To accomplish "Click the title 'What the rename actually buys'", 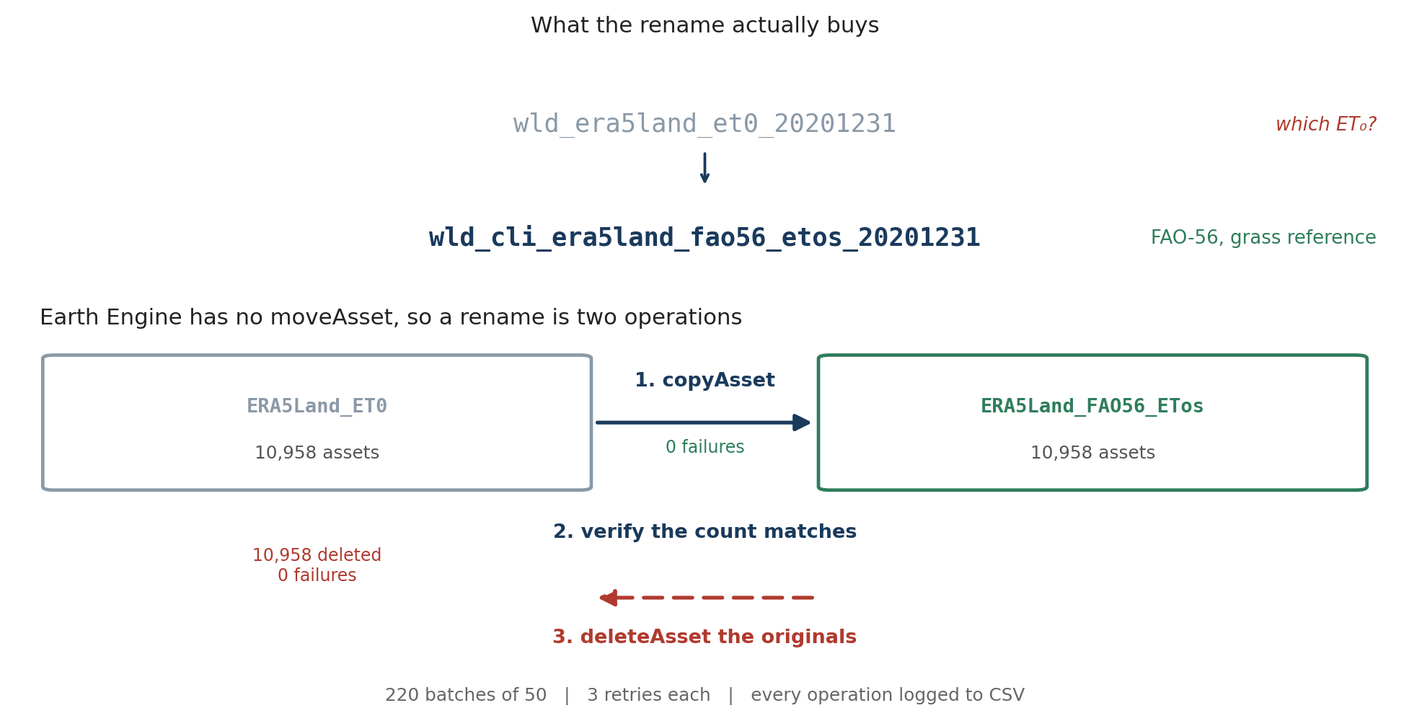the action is [x=704, y=26].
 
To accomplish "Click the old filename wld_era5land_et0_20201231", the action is [x=704, y=124].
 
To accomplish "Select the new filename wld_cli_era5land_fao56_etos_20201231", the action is [x=704, y=238].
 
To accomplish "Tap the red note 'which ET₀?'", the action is [x=1325, y=125].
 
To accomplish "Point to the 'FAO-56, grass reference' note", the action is [x=1263, y=238].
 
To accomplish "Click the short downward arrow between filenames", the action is [x=704, y=167].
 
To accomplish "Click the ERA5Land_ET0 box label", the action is [x=317, y=407].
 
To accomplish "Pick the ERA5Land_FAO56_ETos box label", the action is [x=1092, y=407].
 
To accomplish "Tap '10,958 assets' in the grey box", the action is [x=317, y=454].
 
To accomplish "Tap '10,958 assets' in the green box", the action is [x=1092, y=454].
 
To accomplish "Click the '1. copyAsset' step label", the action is [x=704, y=381].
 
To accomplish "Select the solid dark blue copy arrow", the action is [x=704, y=423].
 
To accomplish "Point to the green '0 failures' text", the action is [x=704, y=448].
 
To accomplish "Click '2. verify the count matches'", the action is [x=704, y=532].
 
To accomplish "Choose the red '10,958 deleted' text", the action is [x=317, y=556].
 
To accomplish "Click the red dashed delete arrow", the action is [x=707, y=598].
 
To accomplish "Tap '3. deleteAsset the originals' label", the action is [x=704, y=637].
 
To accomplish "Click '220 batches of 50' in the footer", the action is [x=466, y=696].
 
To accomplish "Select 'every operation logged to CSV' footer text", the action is [x=888, y=696].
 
